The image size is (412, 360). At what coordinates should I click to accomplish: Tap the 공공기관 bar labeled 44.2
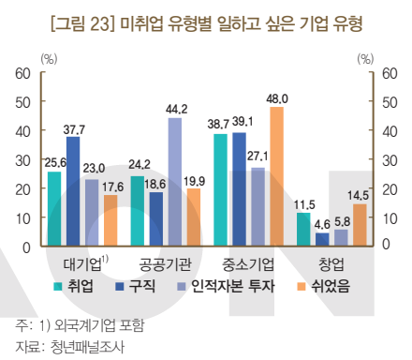coord(175,182)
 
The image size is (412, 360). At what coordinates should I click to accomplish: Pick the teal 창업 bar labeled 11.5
coord(303,229)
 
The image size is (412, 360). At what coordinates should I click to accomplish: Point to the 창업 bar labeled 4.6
coord(322,239)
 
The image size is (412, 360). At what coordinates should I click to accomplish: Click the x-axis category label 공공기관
coord(164,262)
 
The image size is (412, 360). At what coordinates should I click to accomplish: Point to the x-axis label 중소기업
coord(248,262)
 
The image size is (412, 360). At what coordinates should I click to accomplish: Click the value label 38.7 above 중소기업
coord(218,124)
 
